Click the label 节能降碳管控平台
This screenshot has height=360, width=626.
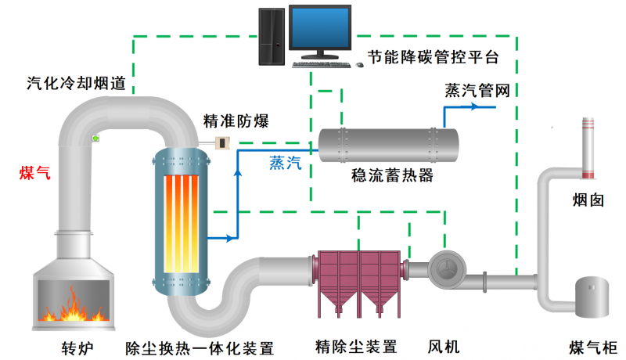pos(433,59)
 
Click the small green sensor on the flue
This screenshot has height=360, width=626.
pos(95,139)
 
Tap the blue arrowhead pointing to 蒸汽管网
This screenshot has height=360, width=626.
pos(476,106)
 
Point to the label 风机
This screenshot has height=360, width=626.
pos(444,346)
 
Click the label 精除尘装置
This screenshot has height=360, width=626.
pos(357,346)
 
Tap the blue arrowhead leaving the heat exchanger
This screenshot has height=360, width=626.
pos(231,236)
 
